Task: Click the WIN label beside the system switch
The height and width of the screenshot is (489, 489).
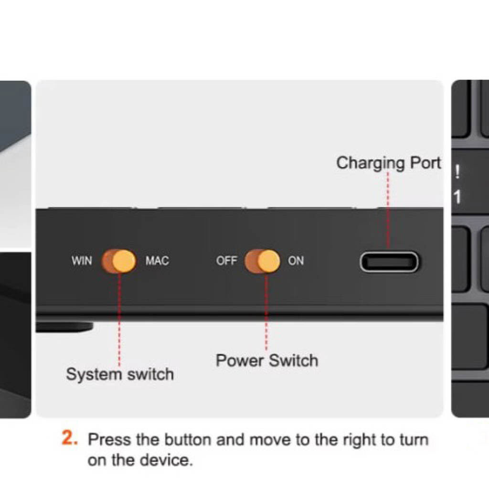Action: point(82,260)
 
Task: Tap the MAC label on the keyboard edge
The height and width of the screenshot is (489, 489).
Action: point(157,260)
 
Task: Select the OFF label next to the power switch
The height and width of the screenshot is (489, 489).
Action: point(227,260)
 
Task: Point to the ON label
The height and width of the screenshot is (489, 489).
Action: point(296,260)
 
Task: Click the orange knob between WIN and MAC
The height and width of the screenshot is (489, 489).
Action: point(124,261)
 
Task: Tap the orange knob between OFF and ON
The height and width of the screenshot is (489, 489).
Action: point(268,261)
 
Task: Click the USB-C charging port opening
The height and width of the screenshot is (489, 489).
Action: point(389,262)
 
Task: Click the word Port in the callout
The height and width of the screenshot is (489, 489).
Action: point(425,163)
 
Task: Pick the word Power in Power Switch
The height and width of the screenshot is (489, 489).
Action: point(240,361)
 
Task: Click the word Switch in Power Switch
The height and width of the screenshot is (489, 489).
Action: point(294,361)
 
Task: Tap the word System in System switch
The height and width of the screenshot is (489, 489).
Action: point(94,374)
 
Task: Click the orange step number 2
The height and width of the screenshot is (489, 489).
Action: point(70,437)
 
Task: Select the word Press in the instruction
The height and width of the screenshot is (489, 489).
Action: point(109,440)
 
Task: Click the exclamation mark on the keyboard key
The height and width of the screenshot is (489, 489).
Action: point(457,171)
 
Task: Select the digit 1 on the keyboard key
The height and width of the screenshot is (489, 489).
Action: point(457,197)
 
